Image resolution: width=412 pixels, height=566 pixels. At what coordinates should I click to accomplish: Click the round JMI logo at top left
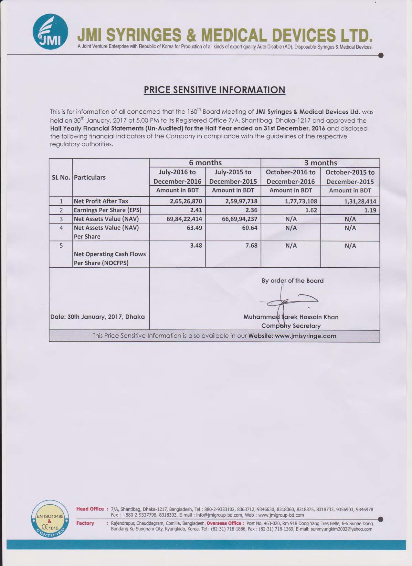click(x=50, y=31)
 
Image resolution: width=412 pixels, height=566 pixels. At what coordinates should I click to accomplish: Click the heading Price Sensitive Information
click(x=215, y=90)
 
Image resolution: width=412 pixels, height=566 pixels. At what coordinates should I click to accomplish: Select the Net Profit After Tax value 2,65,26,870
click(x=186, y=201)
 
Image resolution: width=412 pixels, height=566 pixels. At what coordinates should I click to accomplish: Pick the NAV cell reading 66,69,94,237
click(x=239, y=219)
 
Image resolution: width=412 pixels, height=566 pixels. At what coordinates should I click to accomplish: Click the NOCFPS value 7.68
click(x=251, y=245)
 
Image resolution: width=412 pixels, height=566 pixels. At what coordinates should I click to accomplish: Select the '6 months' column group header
click(x=205, y=163)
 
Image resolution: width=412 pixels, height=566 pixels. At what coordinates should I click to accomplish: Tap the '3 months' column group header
click(x=320, y=163)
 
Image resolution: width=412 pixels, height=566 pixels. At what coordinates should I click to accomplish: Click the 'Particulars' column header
click(x=90, y=177)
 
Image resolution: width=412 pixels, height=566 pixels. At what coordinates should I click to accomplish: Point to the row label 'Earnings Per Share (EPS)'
click(x=108, y=210)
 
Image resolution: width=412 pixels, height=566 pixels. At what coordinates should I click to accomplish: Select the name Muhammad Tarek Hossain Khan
click(x=291, y=317)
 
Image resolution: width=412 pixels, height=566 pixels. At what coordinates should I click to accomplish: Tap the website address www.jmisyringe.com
click(x=305, y=336)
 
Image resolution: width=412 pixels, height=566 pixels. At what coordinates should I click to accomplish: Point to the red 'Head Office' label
click(x=90, y=509)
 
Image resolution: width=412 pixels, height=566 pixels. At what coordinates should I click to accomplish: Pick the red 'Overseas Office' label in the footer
click(x=225, y=523)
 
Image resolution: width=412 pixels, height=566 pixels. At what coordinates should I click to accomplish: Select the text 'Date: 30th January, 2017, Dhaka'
click(x=98, y=317)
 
